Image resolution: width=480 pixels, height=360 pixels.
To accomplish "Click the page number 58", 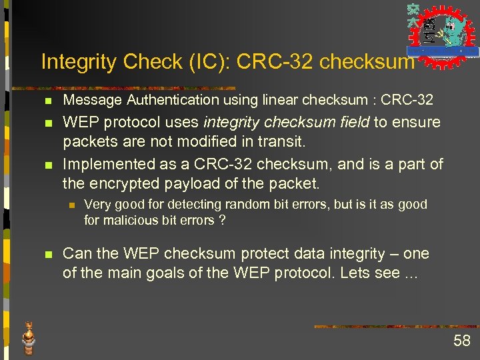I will point(461,341).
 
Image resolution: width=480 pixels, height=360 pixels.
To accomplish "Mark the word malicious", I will point(127,220).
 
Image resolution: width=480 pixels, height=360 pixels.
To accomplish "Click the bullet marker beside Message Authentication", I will point(45,101).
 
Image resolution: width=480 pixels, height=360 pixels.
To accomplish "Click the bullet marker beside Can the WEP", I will point(45,255).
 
